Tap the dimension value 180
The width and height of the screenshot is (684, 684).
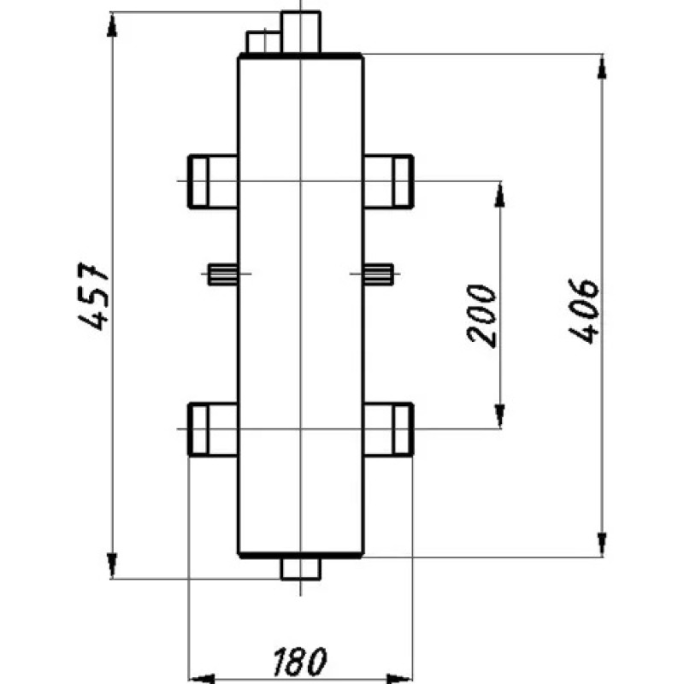[299, 660]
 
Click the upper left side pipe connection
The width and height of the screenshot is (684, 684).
[212, 181]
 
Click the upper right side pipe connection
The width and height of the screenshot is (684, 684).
[388, 181]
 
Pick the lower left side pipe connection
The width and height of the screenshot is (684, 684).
[212, 428]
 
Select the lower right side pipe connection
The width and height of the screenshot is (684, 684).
[388, 428]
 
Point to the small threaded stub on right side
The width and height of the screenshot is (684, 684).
[377, 274]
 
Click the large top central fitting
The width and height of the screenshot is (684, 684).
[301, 32]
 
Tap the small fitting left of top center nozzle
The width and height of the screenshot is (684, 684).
[263, 41]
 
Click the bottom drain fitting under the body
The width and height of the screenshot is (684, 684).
[300, 568]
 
